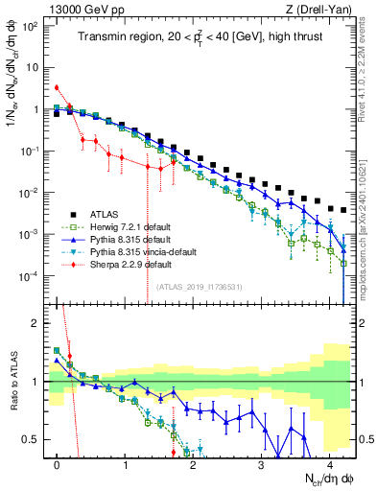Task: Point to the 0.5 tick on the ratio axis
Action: pyautogui.click(x=36, y=439)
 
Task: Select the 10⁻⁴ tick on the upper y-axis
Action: pyautogui.click(x=35, y=276)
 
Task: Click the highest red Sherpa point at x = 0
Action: pyautogui.click(x=58, y=87)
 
